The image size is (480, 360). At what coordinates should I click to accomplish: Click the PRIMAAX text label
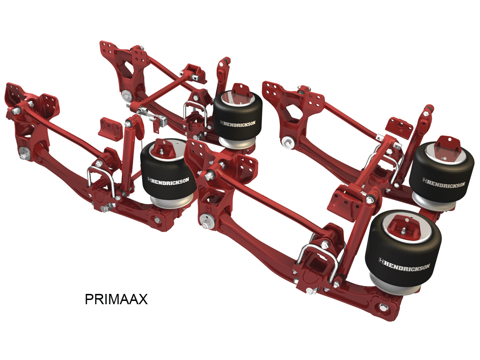tap(116, 299)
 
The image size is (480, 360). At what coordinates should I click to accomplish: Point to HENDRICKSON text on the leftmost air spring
tap(168, 180)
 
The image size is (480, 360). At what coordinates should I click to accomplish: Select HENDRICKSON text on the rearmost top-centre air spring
tap(238, 123)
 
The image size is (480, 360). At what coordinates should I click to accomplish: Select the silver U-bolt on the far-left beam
tap(101, 180)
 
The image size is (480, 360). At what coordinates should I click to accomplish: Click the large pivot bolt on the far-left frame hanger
tap(22, 151)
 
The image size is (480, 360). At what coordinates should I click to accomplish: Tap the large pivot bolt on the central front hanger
tap(204, 219)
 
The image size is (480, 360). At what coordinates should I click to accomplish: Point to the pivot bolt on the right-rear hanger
tap(285, 141)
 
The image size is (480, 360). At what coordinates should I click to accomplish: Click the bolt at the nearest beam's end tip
tap(383, 308)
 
